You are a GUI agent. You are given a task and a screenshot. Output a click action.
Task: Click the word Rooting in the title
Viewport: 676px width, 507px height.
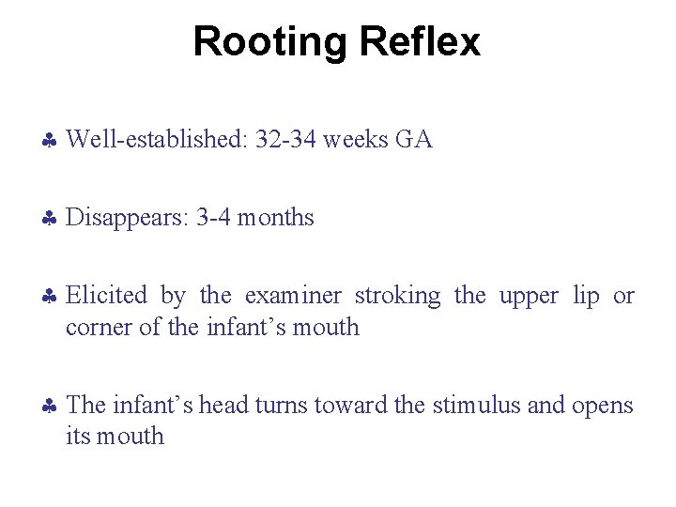270,42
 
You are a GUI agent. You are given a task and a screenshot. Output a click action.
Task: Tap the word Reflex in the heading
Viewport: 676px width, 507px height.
419,42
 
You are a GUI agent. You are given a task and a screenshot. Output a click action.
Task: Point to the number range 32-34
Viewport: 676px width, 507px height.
288,141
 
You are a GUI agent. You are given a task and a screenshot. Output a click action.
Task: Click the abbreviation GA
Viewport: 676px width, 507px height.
414,141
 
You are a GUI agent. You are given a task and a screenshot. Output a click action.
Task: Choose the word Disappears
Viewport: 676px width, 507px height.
128,219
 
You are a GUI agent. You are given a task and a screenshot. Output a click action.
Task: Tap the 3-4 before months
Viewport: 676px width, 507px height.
214,219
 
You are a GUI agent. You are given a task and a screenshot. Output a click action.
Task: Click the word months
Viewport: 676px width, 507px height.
276,219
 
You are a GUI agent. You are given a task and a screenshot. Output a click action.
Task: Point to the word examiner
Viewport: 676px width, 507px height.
294,297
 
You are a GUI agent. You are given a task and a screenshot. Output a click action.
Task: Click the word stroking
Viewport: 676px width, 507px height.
398,297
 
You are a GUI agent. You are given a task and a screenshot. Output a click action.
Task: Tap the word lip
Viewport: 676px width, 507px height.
587,297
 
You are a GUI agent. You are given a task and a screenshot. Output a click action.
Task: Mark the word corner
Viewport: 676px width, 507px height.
96,328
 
